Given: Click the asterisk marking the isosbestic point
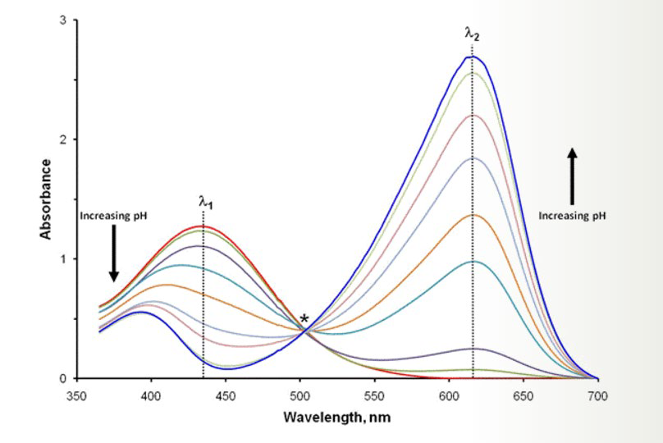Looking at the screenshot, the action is [x=304, y=319].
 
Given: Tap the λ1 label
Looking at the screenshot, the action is [x=206, y=202].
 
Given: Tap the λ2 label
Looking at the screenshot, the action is [x=473, y=34].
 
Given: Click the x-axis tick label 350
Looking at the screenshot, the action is [x=76, y=396].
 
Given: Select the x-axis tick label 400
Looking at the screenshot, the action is [x=151, y=396].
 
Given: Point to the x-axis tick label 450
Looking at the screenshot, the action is [x=226, y=396].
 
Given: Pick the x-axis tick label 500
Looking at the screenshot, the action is [x=299, y=396].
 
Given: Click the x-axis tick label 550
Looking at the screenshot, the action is [x=375, y=396].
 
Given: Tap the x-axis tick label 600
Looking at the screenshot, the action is [x=449, y=396].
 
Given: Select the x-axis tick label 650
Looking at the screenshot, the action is [x=524, y=396].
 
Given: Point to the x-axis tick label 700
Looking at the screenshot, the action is [x=598, y=396].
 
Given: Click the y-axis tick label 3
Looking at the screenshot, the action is [x=63, y=21].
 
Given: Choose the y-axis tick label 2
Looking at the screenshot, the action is [x=63, y=139].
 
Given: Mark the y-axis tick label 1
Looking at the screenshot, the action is [x=63, y=258].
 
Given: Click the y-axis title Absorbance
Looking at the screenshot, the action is [x=45, y=199].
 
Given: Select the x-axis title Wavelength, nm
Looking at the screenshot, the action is [x=337, y=418].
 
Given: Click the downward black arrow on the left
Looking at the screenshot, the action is [x=114, y=253].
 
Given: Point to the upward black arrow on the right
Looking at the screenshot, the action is [x=572, y=176].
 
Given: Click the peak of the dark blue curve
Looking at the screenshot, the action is [x=472, y=57].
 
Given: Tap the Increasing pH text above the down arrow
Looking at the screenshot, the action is [x=114, y=216].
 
